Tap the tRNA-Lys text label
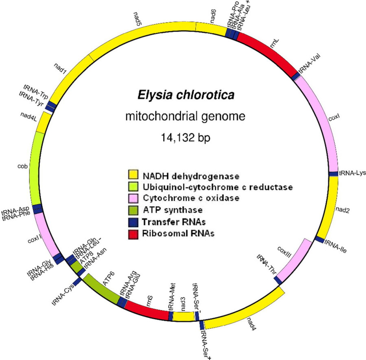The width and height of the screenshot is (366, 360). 353,172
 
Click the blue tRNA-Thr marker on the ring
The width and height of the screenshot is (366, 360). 278,280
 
